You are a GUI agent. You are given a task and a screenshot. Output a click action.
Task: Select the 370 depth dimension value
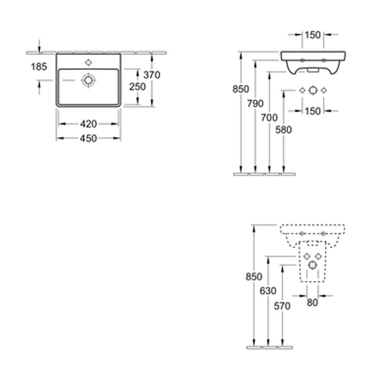point(152,75)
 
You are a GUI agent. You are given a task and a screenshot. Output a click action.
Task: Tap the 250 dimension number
point(137,86)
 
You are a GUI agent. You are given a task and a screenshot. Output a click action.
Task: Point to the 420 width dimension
point(88,124)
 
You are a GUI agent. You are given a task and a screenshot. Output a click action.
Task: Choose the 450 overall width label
point(88,138)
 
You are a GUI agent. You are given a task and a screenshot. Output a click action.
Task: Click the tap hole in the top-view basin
point(89,62)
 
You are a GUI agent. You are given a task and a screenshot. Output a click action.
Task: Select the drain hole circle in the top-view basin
point(89,80)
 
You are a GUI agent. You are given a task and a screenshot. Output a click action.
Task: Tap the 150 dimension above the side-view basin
point(312,34)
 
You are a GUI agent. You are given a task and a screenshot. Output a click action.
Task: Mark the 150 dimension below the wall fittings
point(312,111)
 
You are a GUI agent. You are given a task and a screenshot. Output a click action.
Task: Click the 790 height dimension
point(255,103)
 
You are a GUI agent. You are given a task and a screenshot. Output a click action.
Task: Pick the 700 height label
point(270,117)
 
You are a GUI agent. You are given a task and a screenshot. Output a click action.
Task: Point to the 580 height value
point(284,130)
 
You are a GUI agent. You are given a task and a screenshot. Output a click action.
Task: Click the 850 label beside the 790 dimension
point(241,89)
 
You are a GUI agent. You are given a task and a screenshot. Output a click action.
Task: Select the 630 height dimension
point(268,291)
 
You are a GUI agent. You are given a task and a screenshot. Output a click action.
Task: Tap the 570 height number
point(282,306)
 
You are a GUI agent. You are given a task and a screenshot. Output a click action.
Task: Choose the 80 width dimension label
point(312,303)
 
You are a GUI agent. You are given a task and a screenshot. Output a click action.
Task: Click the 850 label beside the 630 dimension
point(254,277)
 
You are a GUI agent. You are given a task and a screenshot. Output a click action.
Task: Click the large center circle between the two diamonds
point(312,90)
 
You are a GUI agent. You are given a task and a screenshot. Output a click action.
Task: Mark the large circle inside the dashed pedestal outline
point(312,265)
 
